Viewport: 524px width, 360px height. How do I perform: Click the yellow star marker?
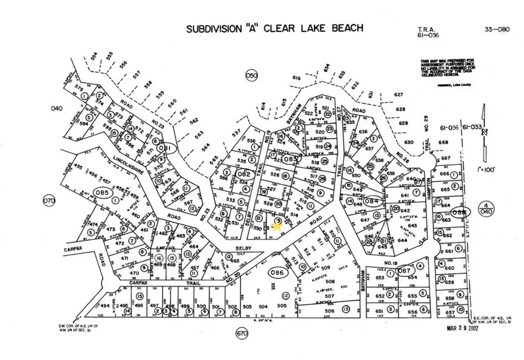click(x=275, y=227)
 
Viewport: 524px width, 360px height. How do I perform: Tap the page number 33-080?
click(x=495, y=29)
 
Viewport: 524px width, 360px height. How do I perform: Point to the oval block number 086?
click(x=277, y=272)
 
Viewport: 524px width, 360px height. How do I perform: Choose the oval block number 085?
click(x=103, y=193)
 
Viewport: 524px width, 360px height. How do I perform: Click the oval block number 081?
click(x=167, y=149)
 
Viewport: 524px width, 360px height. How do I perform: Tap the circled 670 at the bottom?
click(x=242, y=333)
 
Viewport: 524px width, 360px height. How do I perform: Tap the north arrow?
click(x=483, y=125)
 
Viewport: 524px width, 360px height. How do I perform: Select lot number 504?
click(x=263, y=306)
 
